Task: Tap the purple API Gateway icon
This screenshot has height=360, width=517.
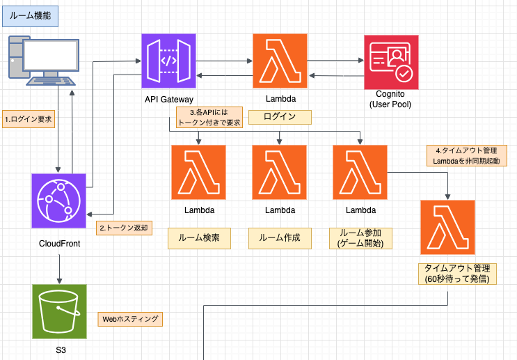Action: (170, 61)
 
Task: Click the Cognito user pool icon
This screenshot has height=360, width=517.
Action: (392, 61)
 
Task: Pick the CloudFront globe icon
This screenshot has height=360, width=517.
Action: (58, 201)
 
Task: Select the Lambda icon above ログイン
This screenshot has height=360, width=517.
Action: (280, 61)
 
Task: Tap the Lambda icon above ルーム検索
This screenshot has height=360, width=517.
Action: (199, 172)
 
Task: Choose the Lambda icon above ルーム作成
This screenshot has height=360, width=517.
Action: (280, 172)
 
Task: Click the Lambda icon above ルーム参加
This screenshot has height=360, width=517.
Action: (360, 172)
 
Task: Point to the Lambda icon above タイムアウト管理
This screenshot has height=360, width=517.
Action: (447, 227)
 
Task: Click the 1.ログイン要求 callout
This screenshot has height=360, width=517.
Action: (29, 118)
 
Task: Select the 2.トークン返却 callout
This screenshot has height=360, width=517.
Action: (124, 228)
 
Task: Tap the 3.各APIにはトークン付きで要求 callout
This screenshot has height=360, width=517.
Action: (209, 116)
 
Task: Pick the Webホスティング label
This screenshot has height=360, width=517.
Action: (130, 320)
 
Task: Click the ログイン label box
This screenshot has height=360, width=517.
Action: (280, 116)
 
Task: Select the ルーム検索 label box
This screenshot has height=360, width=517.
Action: (199, 238)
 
